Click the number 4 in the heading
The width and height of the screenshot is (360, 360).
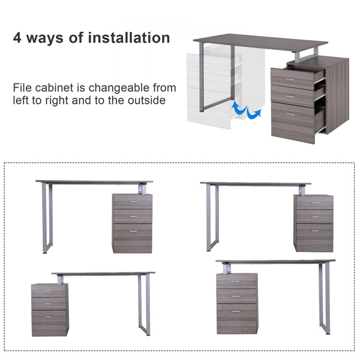[x=19, y=38]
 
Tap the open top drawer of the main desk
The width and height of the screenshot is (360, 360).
[x=297, y=79]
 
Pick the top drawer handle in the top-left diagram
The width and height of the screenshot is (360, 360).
[x=132, y=202]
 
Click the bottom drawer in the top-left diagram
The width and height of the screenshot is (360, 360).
[x=132, y=238]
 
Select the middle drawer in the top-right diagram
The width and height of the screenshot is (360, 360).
[x=313, y=217]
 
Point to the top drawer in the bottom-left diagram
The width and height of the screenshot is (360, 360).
[x=49, y=290]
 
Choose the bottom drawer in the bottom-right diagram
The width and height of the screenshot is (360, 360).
[x=236, y=318]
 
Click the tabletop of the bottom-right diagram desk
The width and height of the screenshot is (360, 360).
[x=276, y=262]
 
